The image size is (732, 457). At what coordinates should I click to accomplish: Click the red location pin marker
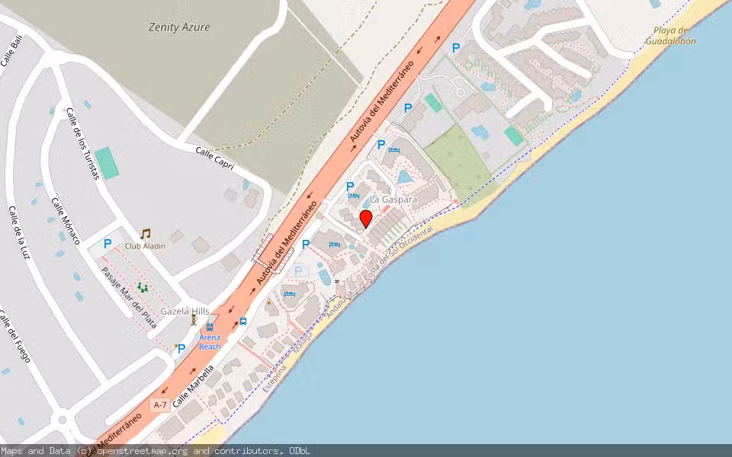(366, 219)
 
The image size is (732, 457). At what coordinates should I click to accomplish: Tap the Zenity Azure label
(179, 27)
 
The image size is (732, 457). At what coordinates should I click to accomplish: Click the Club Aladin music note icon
(145, 234)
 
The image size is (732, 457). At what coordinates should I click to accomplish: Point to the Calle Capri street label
(214, 158)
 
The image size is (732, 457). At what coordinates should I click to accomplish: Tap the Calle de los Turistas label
(82, 143)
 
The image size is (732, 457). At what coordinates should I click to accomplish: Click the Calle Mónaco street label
(66, 221)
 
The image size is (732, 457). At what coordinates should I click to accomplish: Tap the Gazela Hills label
(185, 312)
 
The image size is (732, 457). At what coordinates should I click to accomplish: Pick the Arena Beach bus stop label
(210, 342)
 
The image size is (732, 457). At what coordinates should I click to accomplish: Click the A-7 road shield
(159, 405)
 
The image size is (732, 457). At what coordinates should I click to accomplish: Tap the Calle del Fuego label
(14, 335)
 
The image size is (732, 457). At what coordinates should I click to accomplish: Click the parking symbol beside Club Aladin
(108, 244)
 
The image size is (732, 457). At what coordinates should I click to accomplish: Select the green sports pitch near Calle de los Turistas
(107, 163)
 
